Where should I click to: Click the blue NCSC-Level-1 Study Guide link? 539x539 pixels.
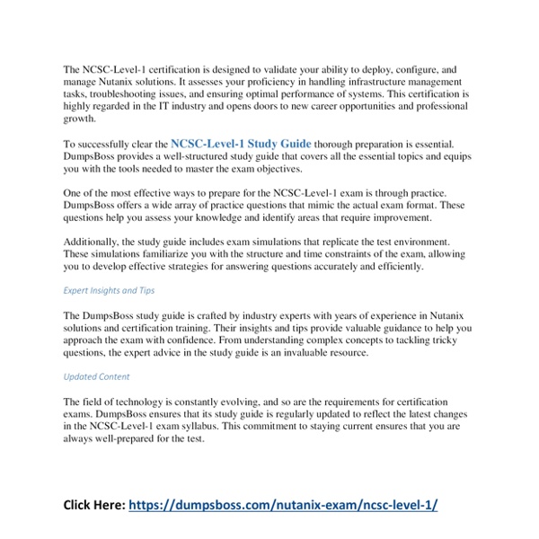(241, 142)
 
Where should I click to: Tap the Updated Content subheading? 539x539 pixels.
(96, 376)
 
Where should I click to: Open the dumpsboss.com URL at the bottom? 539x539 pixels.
(284, 505)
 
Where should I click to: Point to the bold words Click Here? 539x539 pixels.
(93, 505)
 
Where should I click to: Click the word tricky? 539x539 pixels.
(457, 342)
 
